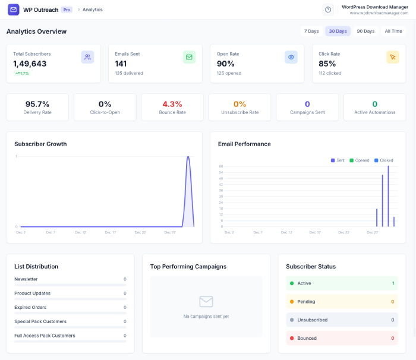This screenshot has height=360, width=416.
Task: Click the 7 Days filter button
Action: click(x=311, y=31)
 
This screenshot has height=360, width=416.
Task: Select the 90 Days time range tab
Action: click(x=365, y=31)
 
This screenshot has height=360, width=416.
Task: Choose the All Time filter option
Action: click(x=393, y=31)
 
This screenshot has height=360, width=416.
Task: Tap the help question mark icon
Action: click(x=328, y=10)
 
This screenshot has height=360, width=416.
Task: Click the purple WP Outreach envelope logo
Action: click(x=13, y=10)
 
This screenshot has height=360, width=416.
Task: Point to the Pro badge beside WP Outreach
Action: click(x=67, y=10)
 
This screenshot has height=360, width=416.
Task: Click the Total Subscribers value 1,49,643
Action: click(x=30, y=64)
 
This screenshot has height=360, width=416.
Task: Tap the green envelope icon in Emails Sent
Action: click(x=189, y=57)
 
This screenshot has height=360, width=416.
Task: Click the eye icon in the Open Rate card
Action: click(x=291, y=57)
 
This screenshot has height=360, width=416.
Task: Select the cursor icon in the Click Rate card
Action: click(x=393, y=57)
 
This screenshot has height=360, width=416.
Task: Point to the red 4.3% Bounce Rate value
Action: click(x=172, y=104)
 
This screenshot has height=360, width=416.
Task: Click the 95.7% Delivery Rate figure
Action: click(x=37, y=104)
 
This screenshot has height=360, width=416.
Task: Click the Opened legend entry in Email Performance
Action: click(x=362, y=160)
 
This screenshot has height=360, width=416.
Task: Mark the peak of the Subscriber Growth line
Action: click(x=188, y=157)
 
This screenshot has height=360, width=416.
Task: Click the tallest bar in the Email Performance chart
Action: click(x=388, y=196)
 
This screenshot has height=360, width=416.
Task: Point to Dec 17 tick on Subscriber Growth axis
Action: click(x=111, y=232)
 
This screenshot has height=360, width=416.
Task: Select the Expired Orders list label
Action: click(x=30, y=307)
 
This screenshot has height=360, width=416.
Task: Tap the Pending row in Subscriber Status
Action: click(x=342, y=302)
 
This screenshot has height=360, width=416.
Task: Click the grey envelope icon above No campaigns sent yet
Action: click(x=206, y=301)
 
